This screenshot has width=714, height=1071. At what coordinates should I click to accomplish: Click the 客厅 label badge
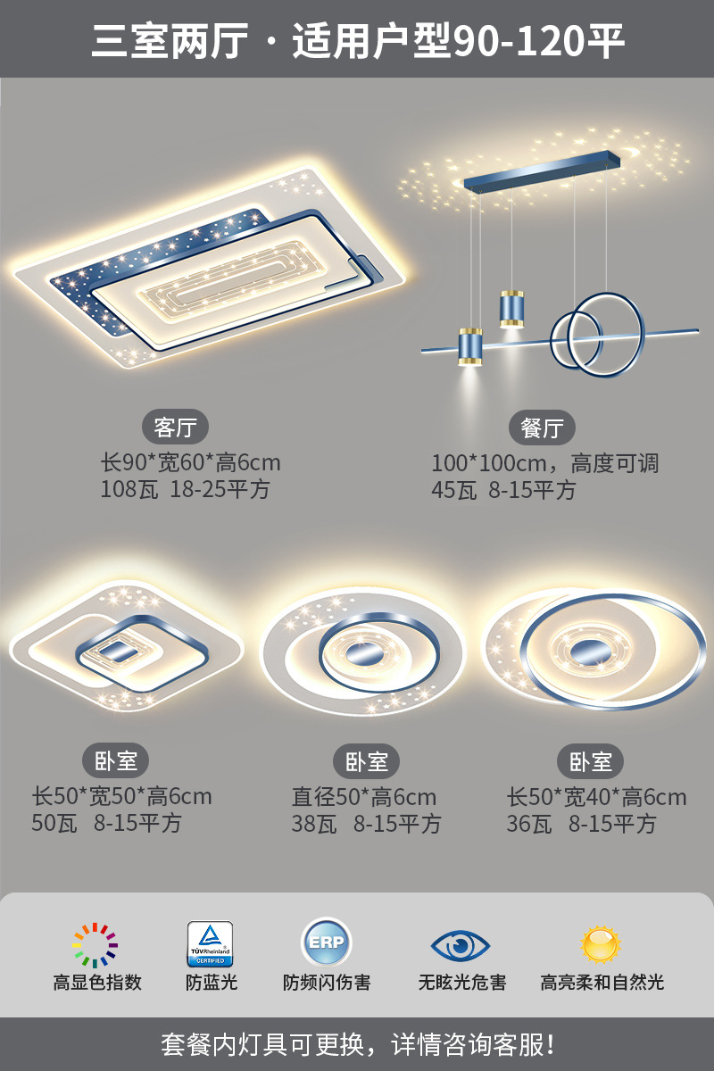coord(175,428)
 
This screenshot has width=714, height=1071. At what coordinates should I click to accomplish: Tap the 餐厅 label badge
coord(542,428)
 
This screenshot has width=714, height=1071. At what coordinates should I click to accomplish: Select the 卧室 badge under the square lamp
coord(116,761)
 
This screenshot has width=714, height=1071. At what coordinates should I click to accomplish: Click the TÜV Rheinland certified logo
coord(210,943)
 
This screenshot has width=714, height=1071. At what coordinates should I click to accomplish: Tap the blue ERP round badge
coord(327,942)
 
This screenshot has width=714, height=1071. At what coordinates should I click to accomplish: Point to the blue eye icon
coord(461,944)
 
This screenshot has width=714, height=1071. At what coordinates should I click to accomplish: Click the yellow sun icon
coord(601,943)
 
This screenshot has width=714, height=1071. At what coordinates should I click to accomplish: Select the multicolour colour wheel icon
coord(95,945)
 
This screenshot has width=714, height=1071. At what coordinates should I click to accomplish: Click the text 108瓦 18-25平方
coord(185,489)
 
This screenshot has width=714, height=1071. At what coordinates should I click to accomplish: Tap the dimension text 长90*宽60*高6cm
coord(190,462)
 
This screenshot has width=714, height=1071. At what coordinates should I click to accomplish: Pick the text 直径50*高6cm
coord(364,797)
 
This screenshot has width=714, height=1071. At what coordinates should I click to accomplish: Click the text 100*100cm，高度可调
coord(544,463)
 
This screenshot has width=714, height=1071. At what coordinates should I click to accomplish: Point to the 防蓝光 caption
coord(212,983)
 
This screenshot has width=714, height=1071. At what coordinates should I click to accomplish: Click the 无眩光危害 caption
coord(462,983)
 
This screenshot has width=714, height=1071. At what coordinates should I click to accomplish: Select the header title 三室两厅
coord(170,41)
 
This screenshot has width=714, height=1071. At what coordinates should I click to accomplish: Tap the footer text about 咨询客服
coord(357,1043)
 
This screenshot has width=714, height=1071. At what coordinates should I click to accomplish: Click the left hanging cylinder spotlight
coord(470,346)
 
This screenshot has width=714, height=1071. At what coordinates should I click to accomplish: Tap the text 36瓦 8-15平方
coord(581,824)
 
